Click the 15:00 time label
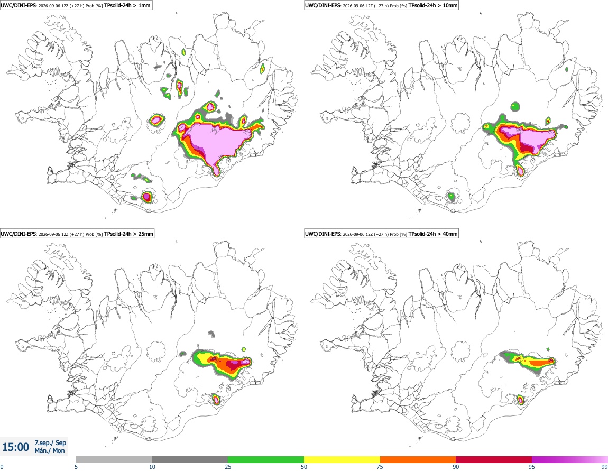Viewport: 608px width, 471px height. click(15, 447)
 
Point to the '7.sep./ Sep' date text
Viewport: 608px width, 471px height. click(50, 442)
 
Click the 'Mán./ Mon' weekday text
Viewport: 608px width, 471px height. click(50, 451)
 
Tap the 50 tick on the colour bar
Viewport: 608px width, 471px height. click(304, 467)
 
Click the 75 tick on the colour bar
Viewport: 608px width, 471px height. click(380, 467)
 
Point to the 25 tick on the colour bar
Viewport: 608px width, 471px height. click(228, 467)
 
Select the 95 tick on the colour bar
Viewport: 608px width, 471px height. click(532, 467)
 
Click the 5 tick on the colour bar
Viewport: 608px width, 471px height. click(76, 467)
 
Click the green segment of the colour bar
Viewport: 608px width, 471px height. click(266, 459)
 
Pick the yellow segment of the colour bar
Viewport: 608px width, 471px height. click(342, 459)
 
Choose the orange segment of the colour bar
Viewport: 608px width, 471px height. click(418, 459)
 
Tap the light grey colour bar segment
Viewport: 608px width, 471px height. click(114, 459)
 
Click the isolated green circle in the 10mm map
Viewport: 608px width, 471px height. click(515, 106)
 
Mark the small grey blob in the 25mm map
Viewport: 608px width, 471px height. click(211, 333)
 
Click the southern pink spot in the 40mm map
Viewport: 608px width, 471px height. click(521, 400)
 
